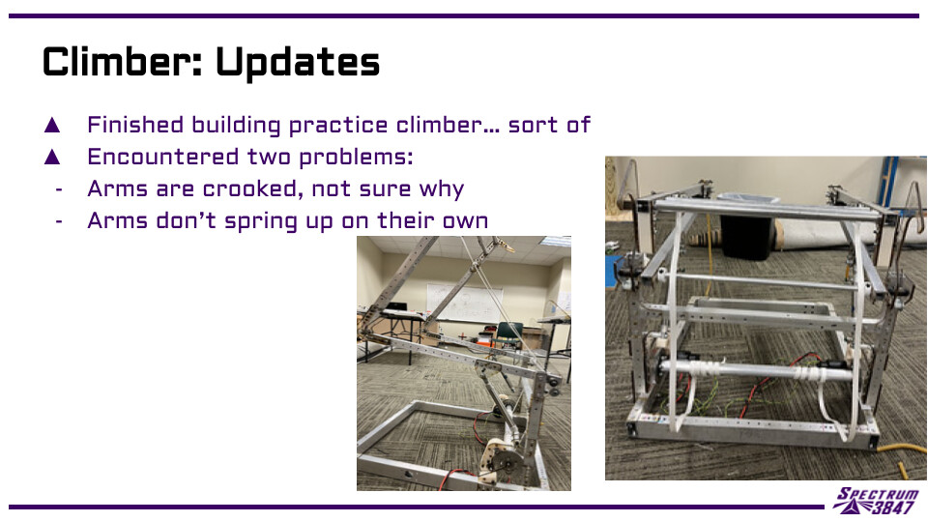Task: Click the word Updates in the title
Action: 298,63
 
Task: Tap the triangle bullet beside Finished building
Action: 52,125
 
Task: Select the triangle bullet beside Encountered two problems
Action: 52,157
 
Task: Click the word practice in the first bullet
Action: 338,126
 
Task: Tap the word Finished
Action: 135,125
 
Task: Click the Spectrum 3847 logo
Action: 876,501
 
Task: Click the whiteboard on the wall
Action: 465,303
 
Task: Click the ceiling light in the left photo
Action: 556,241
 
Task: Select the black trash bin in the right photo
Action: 745,236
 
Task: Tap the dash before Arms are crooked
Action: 59,190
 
